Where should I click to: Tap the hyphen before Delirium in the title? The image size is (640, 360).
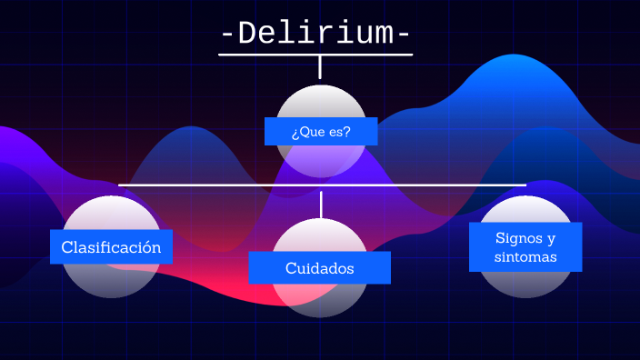tap(228, 35)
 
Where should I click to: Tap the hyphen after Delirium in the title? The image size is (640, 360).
tap(403, 35)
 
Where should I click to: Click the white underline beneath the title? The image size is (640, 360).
tap(315, 55)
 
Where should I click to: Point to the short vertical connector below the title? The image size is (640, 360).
tap(320, 67)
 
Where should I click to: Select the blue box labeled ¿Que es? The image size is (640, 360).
tap(320, 131)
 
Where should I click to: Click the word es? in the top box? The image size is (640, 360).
tap(340, 131)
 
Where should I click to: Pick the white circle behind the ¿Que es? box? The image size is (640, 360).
tap(320, 103)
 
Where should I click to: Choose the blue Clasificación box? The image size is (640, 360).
tap(111, 246)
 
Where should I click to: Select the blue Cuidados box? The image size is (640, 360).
tap(319, 268)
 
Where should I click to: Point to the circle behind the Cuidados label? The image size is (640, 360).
tap(320, 299)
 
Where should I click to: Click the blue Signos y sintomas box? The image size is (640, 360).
tap(525, 247)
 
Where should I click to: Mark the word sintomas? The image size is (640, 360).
tap(525, 257)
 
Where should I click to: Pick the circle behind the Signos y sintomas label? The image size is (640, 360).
tap(525, 284)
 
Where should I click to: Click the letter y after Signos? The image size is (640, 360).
tap(551, 239)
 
